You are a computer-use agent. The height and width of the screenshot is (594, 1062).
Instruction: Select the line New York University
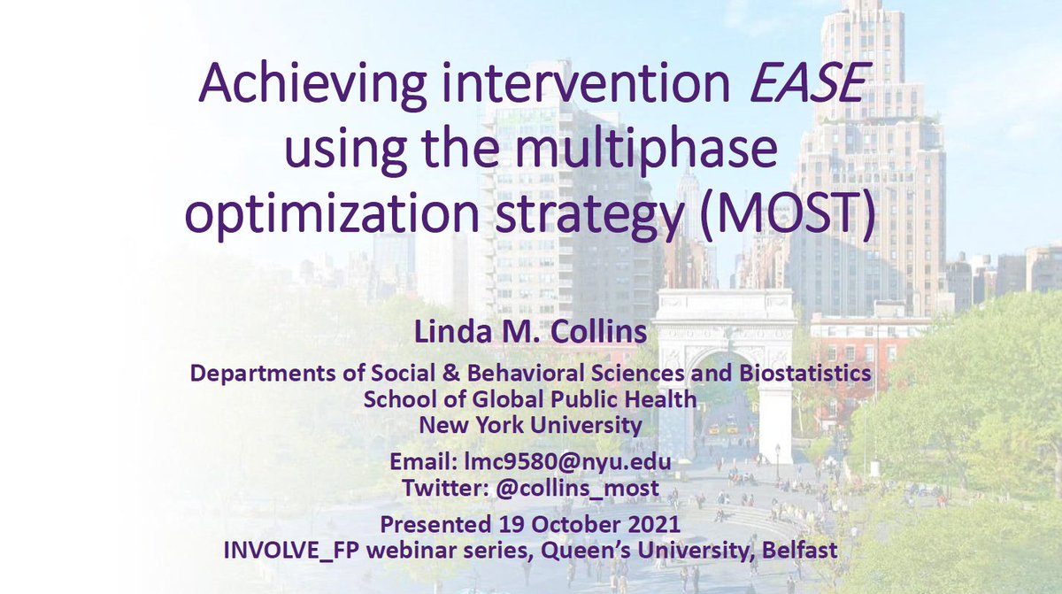[x=530, y=424]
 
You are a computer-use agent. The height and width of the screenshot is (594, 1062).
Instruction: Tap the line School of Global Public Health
[x=530, y=399]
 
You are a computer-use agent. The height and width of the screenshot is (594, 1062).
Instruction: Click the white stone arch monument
[x=724, y=354]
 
